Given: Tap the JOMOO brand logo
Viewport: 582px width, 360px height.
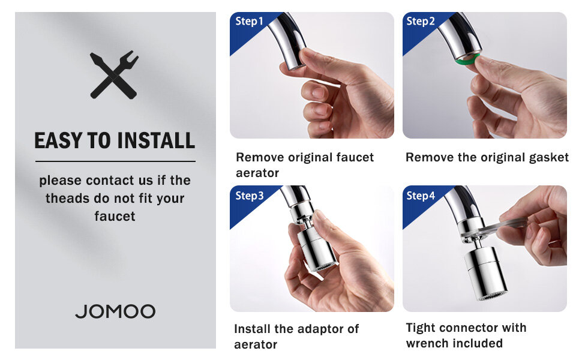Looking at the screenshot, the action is [115, 312].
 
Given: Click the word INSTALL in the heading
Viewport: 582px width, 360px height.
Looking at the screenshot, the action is [156, 140].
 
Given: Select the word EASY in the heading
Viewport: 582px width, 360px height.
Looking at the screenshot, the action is [59, 140].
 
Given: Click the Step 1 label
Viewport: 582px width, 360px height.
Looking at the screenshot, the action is [249, 21].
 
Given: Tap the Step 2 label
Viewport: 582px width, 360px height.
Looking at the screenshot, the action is [421, 21].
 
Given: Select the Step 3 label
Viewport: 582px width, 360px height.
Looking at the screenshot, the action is [250, 196].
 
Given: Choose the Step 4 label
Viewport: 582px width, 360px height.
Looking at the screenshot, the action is [421, 196].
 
